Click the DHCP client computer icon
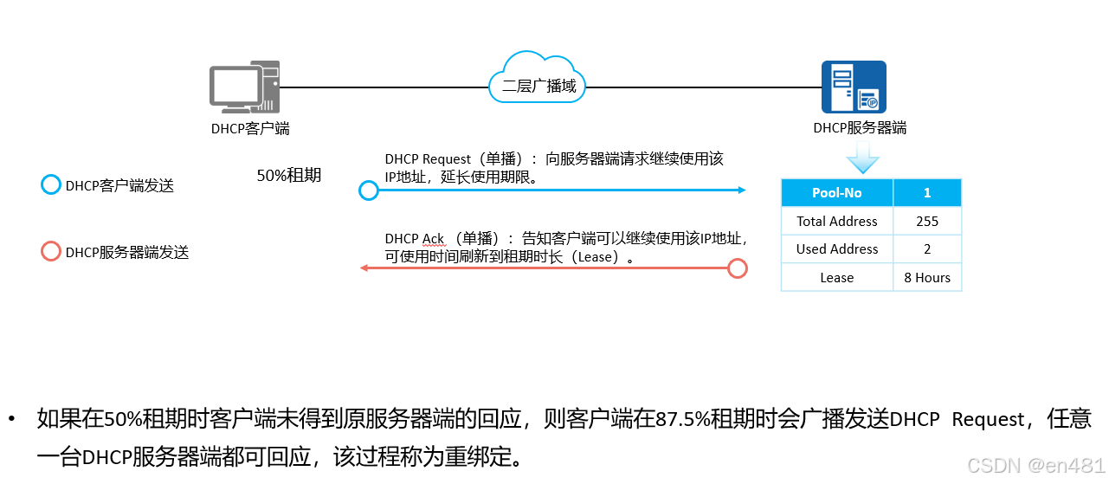(x=244, y=87)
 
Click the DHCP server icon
(x=854, y=87)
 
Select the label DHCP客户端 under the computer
(x=250, y=129)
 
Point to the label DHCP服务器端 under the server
(x=860, y=128)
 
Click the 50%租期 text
(x=289, y=176)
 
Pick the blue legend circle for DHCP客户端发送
(x=51, y=185)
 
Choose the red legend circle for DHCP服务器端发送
(x=51, y=252)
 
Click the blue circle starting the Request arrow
(x=369, y=190)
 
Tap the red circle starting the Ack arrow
(x=737, y=268)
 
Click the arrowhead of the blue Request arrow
(x=741, y=190)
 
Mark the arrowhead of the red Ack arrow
(x=364, y=268)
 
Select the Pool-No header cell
(x=836, y=193)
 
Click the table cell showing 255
(x=927, y=222)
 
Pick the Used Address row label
(x=836, y=249)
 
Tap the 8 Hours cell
(x=927, y=278)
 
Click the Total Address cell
(x=836, y=222)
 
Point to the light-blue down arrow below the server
(x=862, y=159)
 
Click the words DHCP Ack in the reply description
(x=415, y=239)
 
